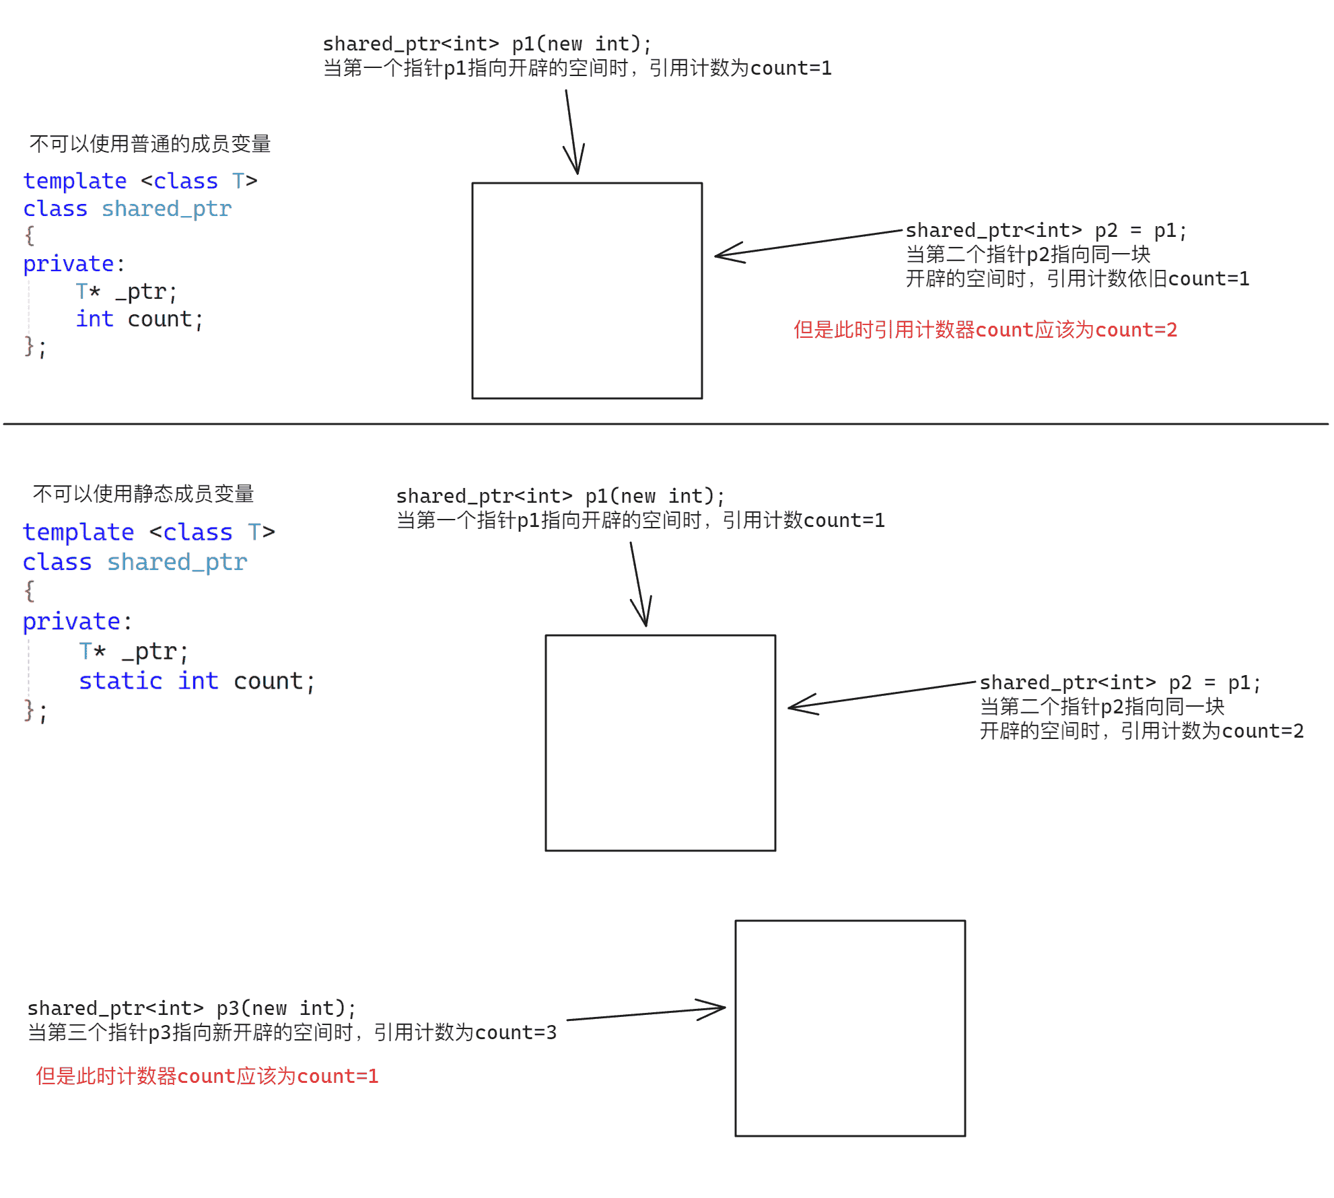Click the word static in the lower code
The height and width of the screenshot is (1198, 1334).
coord(120,681)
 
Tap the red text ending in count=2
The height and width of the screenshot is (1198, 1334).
coord(985,330)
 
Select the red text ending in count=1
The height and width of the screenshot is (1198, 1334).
coord(207,1076)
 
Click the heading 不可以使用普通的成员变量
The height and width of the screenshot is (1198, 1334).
coord(149,144)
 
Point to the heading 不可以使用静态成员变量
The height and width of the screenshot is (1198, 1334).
coord(143,494)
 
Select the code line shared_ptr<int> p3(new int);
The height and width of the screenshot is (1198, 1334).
coord(191,1008)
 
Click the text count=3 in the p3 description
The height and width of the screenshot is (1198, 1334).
coord(516,1032)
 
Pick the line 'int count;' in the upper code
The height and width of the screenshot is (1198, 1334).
coord(139,319)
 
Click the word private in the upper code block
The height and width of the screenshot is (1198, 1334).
coord(68,264)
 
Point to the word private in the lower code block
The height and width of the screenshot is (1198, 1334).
coord(71,621)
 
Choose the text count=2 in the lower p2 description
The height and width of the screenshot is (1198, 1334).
coord(1263,731)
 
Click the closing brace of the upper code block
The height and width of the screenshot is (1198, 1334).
coord(30,346)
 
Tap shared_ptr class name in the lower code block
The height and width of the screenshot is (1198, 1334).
coord(177,562)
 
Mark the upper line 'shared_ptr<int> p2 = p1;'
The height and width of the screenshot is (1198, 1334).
coord(1045,231)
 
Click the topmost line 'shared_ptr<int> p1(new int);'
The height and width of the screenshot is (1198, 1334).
coord(487,44)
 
